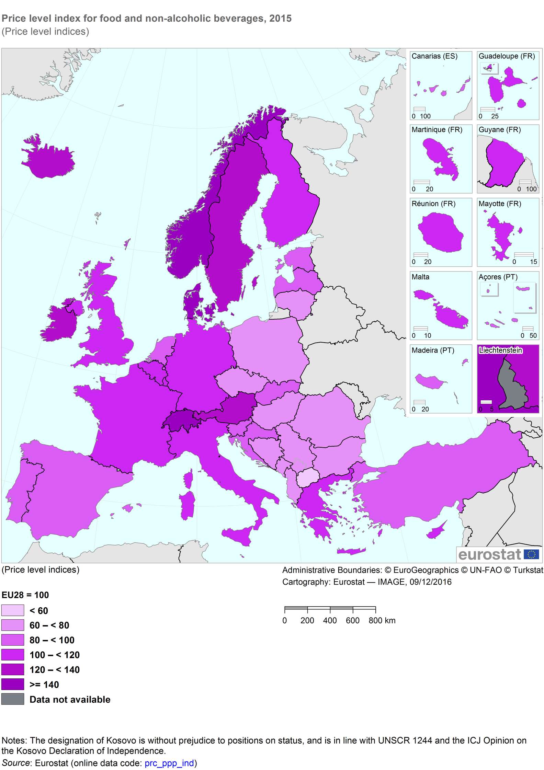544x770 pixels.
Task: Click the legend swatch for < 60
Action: click(x=13, y=610)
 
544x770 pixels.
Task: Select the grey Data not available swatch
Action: click(x=13, y=699)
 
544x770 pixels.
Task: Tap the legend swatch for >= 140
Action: click(x=13, y=685)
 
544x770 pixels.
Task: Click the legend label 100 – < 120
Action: click(x=55, y=655)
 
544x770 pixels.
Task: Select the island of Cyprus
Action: click(x=437, y=531)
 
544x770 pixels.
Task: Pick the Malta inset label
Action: click(x=420, y=277)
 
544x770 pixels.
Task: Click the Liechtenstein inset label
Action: click(x=501, y=350)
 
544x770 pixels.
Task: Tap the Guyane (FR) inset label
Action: click(x=500, y=130)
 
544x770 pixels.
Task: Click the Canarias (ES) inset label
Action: click(x=434, y=56)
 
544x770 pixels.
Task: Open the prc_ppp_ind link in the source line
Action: click(x=169, y=763)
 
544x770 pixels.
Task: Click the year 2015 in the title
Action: click(x=280, y=19)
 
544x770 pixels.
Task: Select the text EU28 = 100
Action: click(x=25, y=595)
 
